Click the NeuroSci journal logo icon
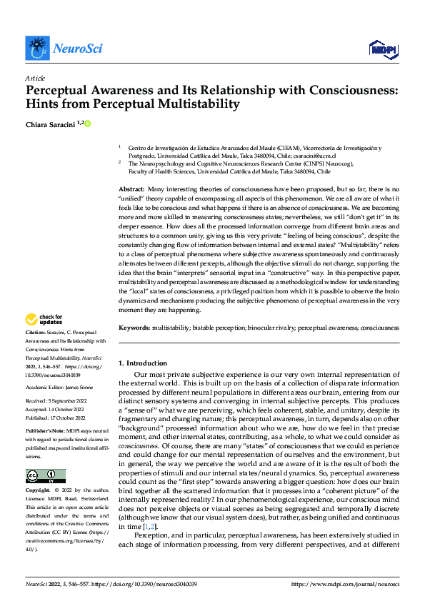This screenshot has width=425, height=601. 36,47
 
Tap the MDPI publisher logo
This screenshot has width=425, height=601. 384,48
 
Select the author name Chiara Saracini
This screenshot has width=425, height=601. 50,124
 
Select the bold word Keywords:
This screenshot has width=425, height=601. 134,328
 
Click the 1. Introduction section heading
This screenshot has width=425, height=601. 143,363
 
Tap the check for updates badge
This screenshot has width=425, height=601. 44,320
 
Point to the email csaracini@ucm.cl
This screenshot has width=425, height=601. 316,156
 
